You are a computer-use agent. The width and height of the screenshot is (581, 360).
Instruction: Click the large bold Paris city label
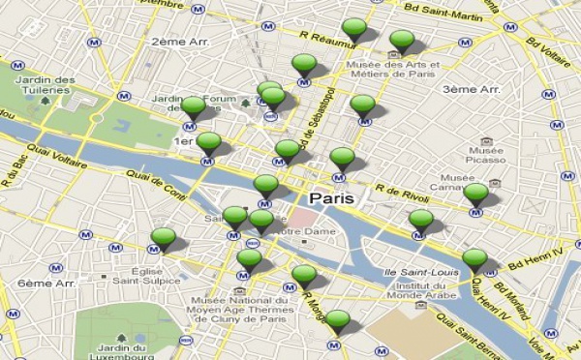click(x=332, y=197)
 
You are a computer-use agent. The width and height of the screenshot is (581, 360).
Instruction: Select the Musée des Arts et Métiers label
click(x=392, y=71)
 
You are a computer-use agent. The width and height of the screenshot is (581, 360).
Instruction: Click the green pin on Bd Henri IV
click(x=474, y=259)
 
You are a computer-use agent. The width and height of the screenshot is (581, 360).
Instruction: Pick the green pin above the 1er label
click(x=194, y=106)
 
